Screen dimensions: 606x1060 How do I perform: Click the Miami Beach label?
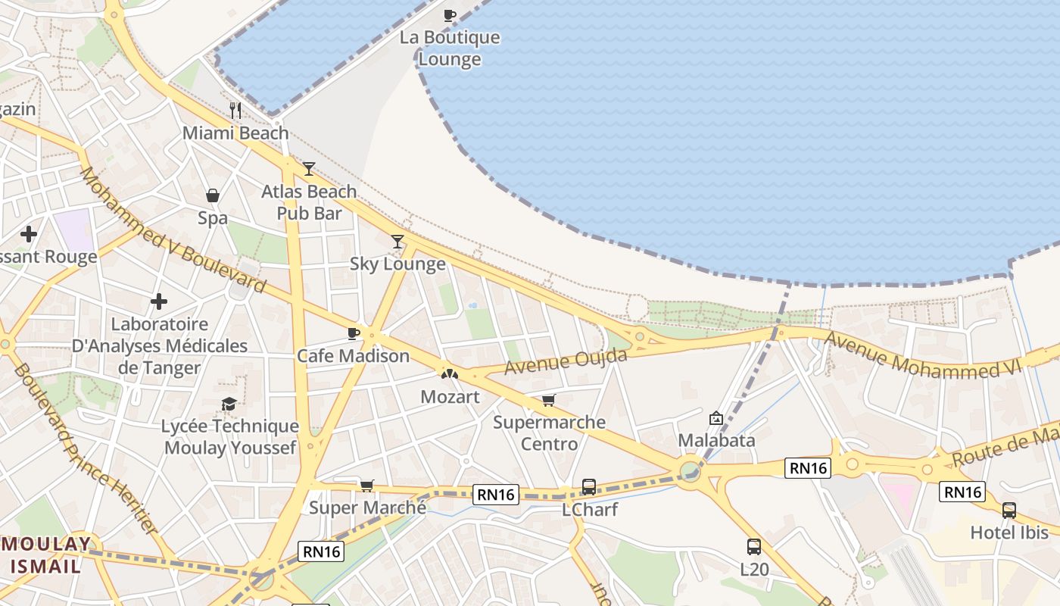[x=235, y=133]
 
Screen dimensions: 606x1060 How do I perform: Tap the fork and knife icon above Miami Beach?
[x=235, y=111]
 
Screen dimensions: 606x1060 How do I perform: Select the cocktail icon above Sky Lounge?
[x=397, y=242]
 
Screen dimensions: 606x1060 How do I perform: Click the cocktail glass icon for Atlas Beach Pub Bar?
[x=309, y=169]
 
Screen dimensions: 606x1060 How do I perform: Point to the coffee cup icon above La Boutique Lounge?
[x=450, y=15]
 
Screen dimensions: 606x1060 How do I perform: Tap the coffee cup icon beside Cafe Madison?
[x=353, y=333]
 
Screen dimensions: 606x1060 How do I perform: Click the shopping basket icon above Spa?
[x=213, y=196]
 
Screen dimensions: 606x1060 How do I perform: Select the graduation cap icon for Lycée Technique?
[x=229, y=404]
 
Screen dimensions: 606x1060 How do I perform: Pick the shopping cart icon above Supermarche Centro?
[x=549, y=400]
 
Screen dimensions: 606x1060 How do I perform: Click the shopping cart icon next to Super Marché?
[x=367, y=486]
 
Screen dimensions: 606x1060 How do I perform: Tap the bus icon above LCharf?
[x=589, y=487]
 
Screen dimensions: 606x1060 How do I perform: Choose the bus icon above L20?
[x=754, y=547]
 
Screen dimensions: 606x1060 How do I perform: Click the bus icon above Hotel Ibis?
[x=1009, y=511]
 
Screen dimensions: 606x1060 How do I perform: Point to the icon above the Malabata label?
[x=716, y=418]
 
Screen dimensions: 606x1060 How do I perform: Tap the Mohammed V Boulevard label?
[x=173, y=230]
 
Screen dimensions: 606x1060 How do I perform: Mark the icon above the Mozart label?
[x=450, y=373]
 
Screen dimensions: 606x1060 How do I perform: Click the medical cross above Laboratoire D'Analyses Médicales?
[x=159, y=302]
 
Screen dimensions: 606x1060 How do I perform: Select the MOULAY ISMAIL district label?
[x=47, y=554]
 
